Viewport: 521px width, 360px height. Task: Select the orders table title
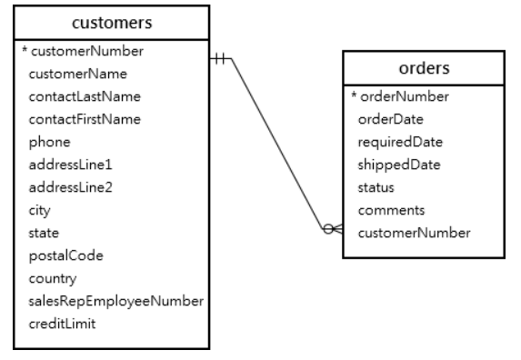click(423, 68)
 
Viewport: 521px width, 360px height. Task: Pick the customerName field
click(77, 73)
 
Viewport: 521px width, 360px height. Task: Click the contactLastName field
click(85, 95)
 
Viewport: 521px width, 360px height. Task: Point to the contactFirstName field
click(85, 118)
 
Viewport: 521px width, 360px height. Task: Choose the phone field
click(49, 142)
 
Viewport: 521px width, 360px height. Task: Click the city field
click(41, 210)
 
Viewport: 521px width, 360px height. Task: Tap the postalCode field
click(65, 255)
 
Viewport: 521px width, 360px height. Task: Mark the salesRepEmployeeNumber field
click(115, 301)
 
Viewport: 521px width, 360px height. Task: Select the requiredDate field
click(399, 142)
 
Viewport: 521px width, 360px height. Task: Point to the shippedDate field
click(398, 165)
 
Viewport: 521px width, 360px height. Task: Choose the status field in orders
click(376, 187)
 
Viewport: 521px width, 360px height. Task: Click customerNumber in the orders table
click(414, 233)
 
